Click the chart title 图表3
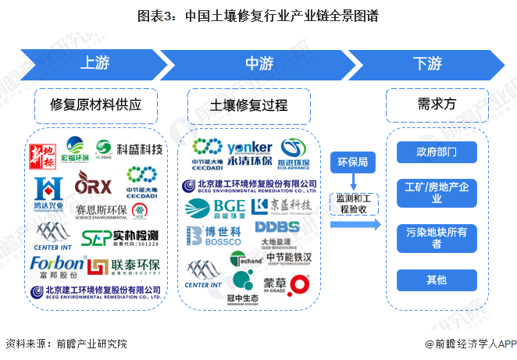(x=258, y=16)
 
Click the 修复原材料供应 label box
(x=93, y=104)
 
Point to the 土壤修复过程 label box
(x=249, y=105)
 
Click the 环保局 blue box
(x=351, y=163)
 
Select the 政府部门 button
(x=437, y=151)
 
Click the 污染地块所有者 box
(x=437, y=237)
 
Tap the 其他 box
(x=437, y=280)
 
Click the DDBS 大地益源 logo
(x=277, y=232)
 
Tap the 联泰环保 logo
(x=124, y=266)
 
